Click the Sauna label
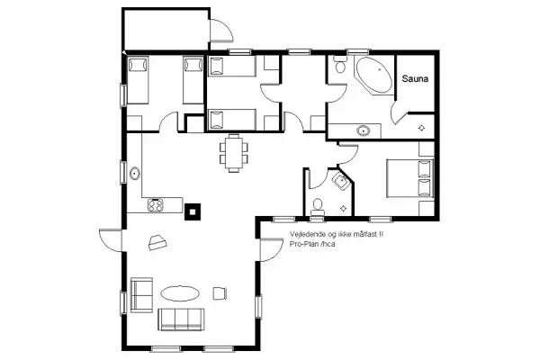pos(414,79)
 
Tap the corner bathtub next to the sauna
pos(369,76)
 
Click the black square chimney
pos(193,211)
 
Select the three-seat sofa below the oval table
pos(183,318)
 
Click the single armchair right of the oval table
pos(219,292)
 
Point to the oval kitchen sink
pos(134,173)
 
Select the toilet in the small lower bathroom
pos(316,207)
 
